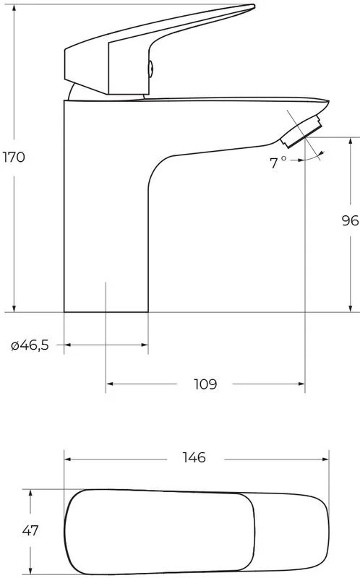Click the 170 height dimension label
pyautogui.click(x=14, y=158)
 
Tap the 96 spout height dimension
pyautogui.click(x=350, y=221)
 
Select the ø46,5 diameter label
pyautogui.click(x=30, y=345)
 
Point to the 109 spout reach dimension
pyautogui.click(x=205, y=384)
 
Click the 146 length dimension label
pyautogui.click(x=194, y=458)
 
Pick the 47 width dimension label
pyautogui.click(x=30, y=531)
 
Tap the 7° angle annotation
pyautogui.click(x=278, y=163)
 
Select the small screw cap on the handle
pyautogui.click(x=151, y=69)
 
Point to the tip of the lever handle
pyautogui.click(x=254, y=6)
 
